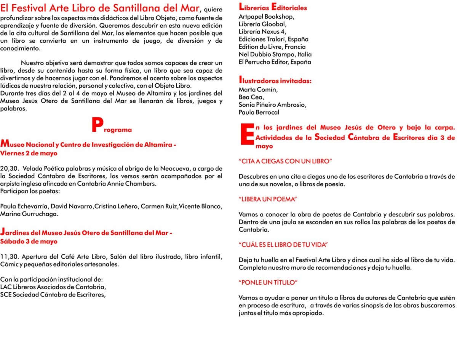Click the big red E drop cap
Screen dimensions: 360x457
246,134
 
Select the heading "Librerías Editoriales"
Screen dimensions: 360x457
273,7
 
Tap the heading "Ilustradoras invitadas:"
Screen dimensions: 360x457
275,80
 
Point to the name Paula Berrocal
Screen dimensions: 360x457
259,112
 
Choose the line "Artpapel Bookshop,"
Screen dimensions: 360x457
267,17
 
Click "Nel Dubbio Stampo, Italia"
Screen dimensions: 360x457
275,54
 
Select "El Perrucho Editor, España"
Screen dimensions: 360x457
275,62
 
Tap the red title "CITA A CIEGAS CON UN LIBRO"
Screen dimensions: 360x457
286,162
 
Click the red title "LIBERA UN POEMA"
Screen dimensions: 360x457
268,199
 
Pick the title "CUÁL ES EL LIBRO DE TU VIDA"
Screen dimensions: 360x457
283,245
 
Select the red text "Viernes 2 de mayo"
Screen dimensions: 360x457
29,154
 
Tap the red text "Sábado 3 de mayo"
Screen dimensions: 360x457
29,242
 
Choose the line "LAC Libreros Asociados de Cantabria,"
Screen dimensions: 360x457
53,287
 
